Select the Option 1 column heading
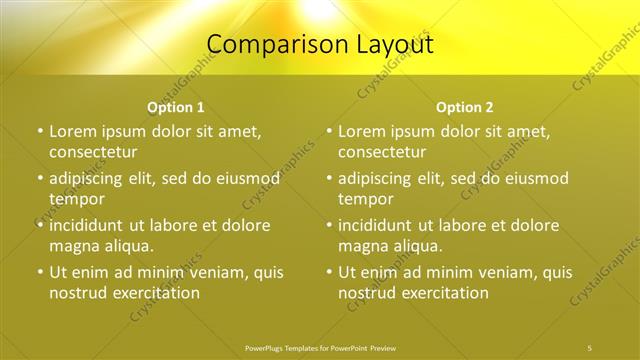point(176,107)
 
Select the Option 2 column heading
point(465,107)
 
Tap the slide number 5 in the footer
point(590,347)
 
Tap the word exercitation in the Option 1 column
point(153,293)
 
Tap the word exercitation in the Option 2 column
point(442,293)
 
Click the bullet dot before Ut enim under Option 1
point(40,272)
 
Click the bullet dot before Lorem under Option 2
point(329,131)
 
